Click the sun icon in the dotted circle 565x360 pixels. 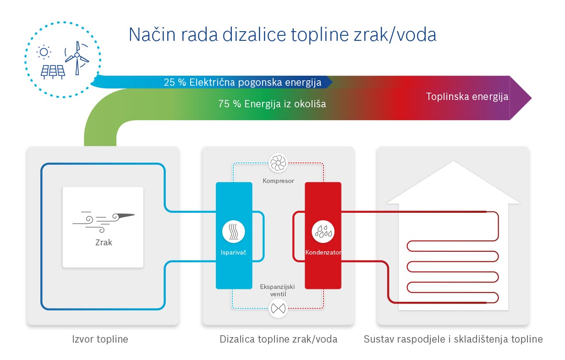44,52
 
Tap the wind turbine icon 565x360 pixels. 77,58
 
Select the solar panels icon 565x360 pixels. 53,72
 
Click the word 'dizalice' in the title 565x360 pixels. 254,34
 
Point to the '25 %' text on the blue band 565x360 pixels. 175,82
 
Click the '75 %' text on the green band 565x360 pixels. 230,104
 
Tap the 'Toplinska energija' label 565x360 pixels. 467,97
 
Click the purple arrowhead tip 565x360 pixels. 532,98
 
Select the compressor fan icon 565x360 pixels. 278,163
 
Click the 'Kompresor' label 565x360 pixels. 278,181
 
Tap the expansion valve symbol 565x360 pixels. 278,308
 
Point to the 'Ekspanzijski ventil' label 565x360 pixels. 277,290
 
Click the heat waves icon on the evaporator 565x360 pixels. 234,232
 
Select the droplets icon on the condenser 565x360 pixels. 323,232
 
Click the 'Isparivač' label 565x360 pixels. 233,252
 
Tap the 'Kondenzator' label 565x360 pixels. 324,252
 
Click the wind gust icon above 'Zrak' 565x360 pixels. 104,222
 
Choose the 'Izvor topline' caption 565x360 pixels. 100,339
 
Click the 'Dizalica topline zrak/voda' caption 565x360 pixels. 279,339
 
